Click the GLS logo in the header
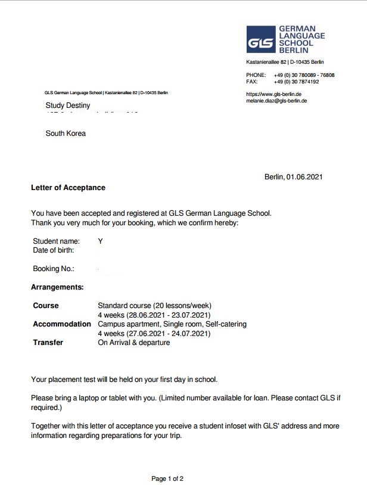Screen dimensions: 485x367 262,40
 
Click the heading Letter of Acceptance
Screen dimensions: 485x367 68,188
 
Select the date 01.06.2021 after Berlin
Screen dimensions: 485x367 305,177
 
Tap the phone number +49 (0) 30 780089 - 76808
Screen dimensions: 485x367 304,75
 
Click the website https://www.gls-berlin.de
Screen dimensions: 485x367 273,94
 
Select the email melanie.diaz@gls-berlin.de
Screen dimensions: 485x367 276,101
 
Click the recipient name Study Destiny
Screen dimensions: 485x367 68,105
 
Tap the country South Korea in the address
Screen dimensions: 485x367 66,133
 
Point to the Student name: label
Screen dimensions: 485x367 56,241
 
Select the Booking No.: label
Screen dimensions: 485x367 54,269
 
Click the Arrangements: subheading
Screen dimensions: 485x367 57,287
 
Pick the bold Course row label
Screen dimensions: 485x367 46,306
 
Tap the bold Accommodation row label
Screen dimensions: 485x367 62,324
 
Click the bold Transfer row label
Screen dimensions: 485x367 48,343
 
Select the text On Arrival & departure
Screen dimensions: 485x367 133,343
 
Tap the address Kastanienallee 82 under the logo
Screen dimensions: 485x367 267,62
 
